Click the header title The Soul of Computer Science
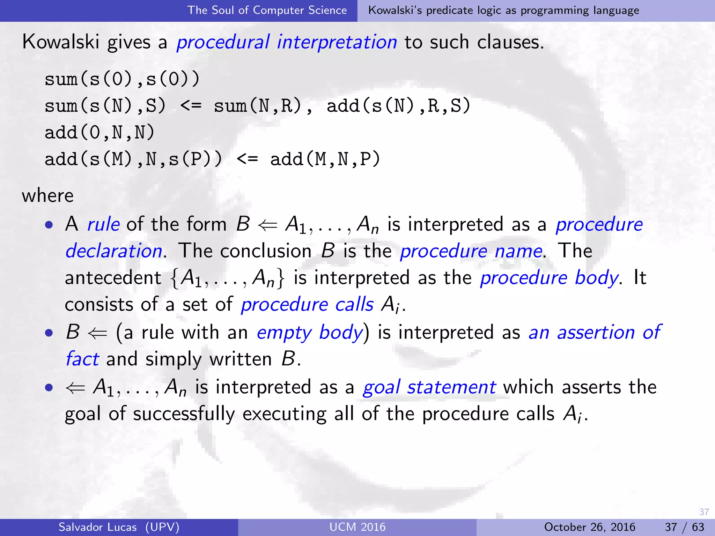267,10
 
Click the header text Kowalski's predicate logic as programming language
503,10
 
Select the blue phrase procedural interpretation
287,42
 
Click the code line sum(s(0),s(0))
122,79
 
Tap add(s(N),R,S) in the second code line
398,106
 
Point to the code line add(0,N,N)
99,133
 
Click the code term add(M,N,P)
325,159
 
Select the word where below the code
48,196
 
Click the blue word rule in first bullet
103,224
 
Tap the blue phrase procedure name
471,251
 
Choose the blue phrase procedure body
549,278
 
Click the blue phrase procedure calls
307,305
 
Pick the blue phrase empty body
310,332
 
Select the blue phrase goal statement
429,387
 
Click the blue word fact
82,359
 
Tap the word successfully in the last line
184,414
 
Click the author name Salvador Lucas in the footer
98,527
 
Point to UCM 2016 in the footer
357,527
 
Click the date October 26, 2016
590,527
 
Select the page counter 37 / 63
684,527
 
